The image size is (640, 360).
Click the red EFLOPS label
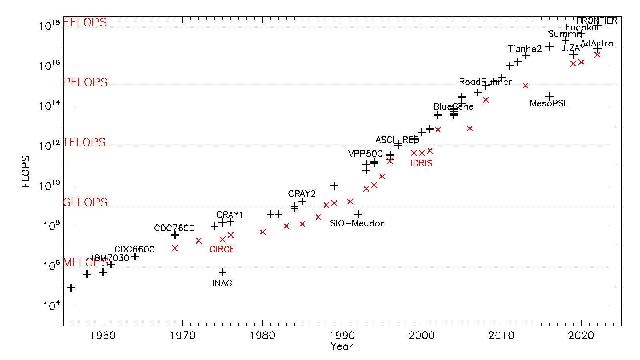point(85,22)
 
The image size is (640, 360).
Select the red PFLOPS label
point(85,82)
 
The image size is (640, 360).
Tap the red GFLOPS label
point(85,202)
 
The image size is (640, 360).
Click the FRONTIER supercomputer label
point(597,20)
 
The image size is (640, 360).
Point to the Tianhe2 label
point(525,49)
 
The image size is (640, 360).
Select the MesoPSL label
point(549,104)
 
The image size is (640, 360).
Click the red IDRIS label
point(421,163)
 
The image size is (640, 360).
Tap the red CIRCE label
point(222,249)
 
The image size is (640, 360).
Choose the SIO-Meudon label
point(357,224)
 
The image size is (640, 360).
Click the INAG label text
point(222,283)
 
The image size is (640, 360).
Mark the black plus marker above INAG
point(222,272)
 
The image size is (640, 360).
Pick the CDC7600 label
point(174,228)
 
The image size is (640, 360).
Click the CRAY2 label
point(302,194)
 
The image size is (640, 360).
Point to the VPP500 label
point(366,154)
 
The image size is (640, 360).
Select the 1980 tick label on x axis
point(262,335)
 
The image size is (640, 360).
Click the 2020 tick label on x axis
point(581,335)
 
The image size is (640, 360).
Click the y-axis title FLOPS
point(26,172)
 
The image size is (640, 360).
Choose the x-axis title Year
point(342,347)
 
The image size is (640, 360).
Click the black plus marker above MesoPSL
point(549,96)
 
